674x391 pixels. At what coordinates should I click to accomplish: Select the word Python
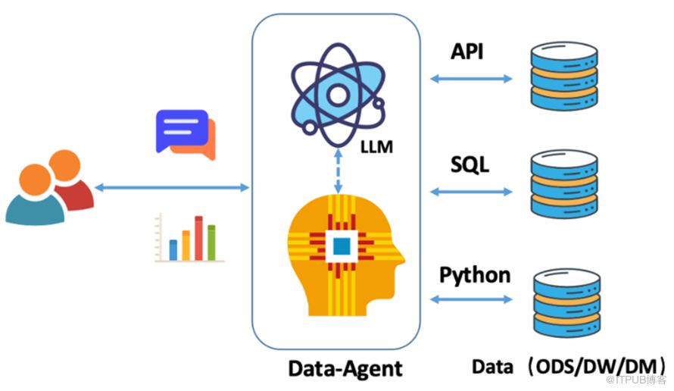click(x=475, y=274)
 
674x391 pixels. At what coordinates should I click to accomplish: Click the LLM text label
click(x=376, y=146)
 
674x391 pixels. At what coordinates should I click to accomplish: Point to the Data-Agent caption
click(x=345, y=368)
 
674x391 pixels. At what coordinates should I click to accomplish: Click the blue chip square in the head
click(x=342, y=245)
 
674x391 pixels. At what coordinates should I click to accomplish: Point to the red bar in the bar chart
click(x=198, y=238)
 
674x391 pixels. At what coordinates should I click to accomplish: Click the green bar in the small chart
click(x=212, y=242)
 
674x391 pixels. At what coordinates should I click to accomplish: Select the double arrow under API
click(x=471, y=78)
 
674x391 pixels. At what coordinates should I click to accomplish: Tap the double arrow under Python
click(x=471, y=301)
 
